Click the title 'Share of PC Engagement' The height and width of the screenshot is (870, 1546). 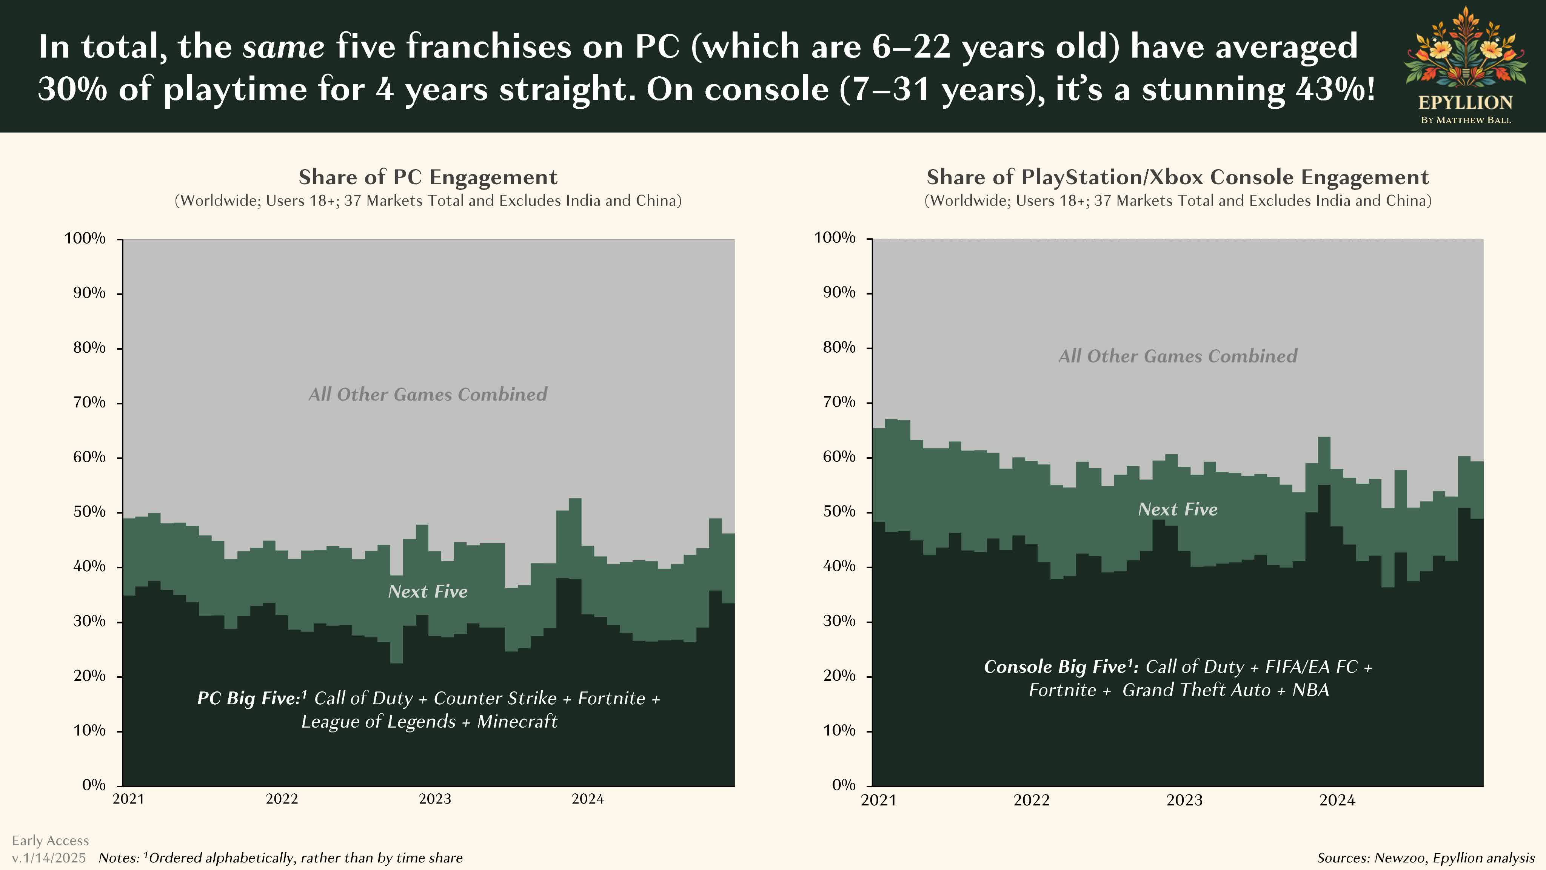pos(428,177)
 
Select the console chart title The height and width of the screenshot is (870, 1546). pos(1178,177)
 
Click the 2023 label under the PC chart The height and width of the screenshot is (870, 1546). pos(434,799)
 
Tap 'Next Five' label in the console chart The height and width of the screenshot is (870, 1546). pos(1178,509)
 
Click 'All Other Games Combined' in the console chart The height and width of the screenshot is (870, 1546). pos(1178,356)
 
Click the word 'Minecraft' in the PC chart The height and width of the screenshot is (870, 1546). pos(517,721)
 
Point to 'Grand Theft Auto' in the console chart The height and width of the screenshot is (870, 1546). pos(1196,690)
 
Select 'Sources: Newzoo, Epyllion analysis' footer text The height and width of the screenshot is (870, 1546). pos(1425,858)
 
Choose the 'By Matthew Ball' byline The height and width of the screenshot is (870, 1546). pos(1466,120)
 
